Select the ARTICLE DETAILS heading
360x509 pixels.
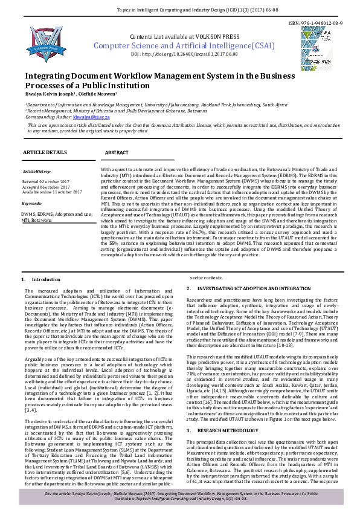tap(45, 152)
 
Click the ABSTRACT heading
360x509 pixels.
tap(117, 152)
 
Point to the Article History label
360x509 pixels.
tap(37, 172)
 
